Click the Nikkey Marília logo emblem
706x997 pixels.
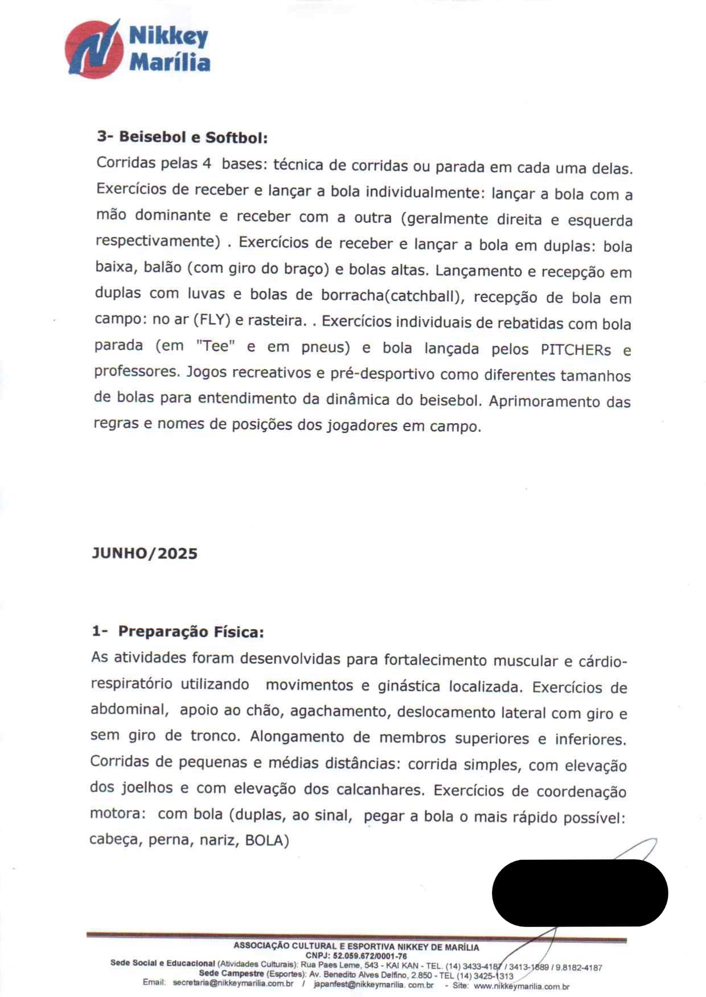tap(94, 49)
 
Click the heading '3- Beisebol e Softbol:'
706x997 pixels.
tap(182, 137)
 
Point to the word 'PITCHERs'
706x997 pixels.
tap(576, 349)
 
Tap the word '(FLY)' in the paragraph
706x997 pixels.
tap(212, 320)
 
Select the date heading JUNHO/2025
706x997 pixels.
tap(145, 553)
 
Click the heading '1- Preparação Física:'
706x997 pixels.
tap(178, 632)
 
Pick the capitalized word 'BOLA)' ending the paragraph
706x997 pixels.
tap(267, 840)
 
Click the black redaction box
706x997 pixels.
tap(580, 892)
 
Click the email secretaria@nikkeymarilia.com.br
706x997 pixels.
tap(233, 983)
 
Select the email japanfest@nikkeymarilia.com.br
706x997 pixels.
tap(373, 984)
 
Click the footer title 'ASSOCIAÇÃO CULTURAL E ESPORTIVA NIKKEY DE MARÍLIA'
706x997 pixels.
tap(356, 947)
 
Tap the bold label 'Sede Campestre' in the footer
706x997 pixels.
tap(231, 974)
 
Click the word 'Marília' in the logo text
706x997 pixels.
tap(170, 62)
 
